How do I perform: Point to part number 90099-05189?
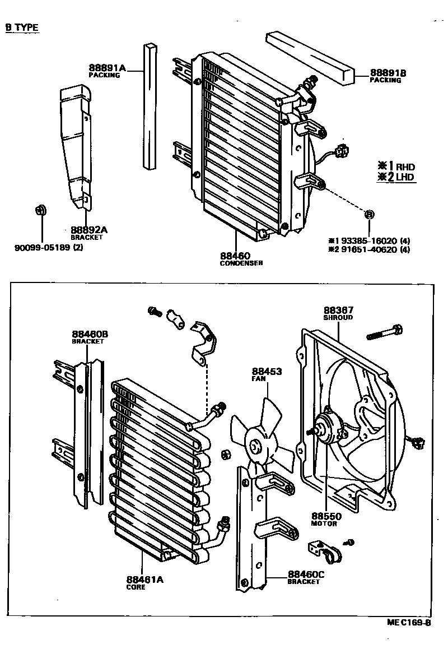click(x=42, y=247)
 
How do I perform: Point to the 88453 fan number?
click(x=267, y=372)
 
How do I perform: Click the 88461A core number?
click(x=144, y=580)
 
